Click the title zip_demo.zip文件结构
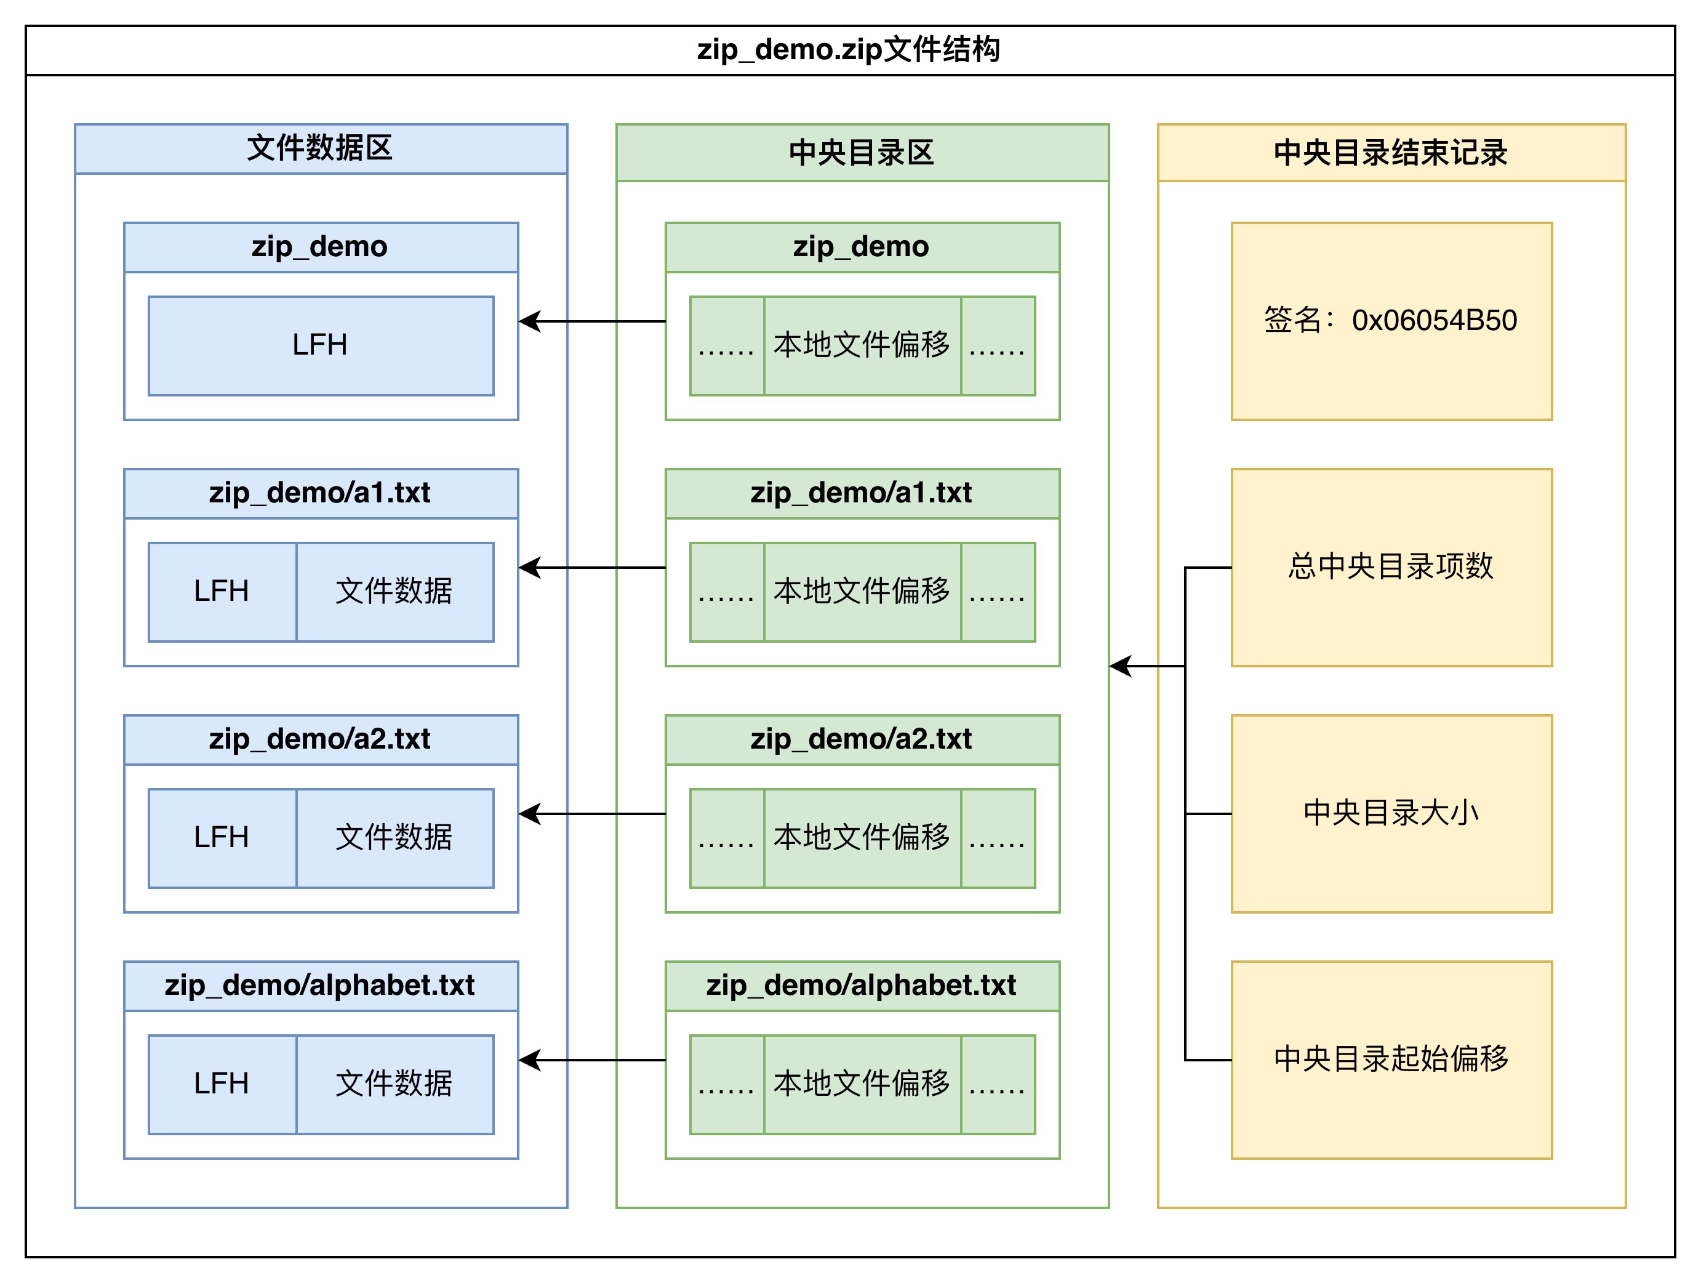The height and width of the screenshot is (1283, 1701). tap(849, 50)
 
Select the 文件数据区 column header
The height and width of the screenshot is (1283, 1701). tap(321, 148)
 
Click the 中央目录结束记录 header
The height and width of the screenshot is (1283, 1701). tap(1391, 152)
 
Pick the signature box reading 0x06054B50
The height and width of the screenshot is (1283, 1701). tap(1391, 321)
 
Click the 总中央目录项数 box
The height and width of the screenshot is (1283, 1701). tap(1391, 567)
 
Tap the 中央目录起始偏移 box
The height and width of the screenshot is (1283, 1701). tap(1391, 1059)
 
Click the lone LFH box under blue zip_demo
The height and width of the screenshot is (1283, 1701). tap(321, 345)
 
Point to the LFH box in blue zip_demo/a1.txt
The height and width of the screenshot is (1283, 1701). tap(222, 592)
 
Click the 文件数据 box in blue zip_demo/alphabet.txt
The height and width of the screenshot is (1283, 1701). tap(394, 1084)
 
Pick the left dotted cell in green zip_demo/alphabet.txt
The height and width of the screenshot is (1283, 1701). tap(727, 1084)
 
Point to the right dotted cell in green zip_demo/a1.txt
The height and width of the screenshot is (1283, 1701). tap(998, 592)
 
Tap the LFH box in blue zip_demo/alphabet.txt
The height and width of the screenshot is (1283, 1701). tap(222, 1084)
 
